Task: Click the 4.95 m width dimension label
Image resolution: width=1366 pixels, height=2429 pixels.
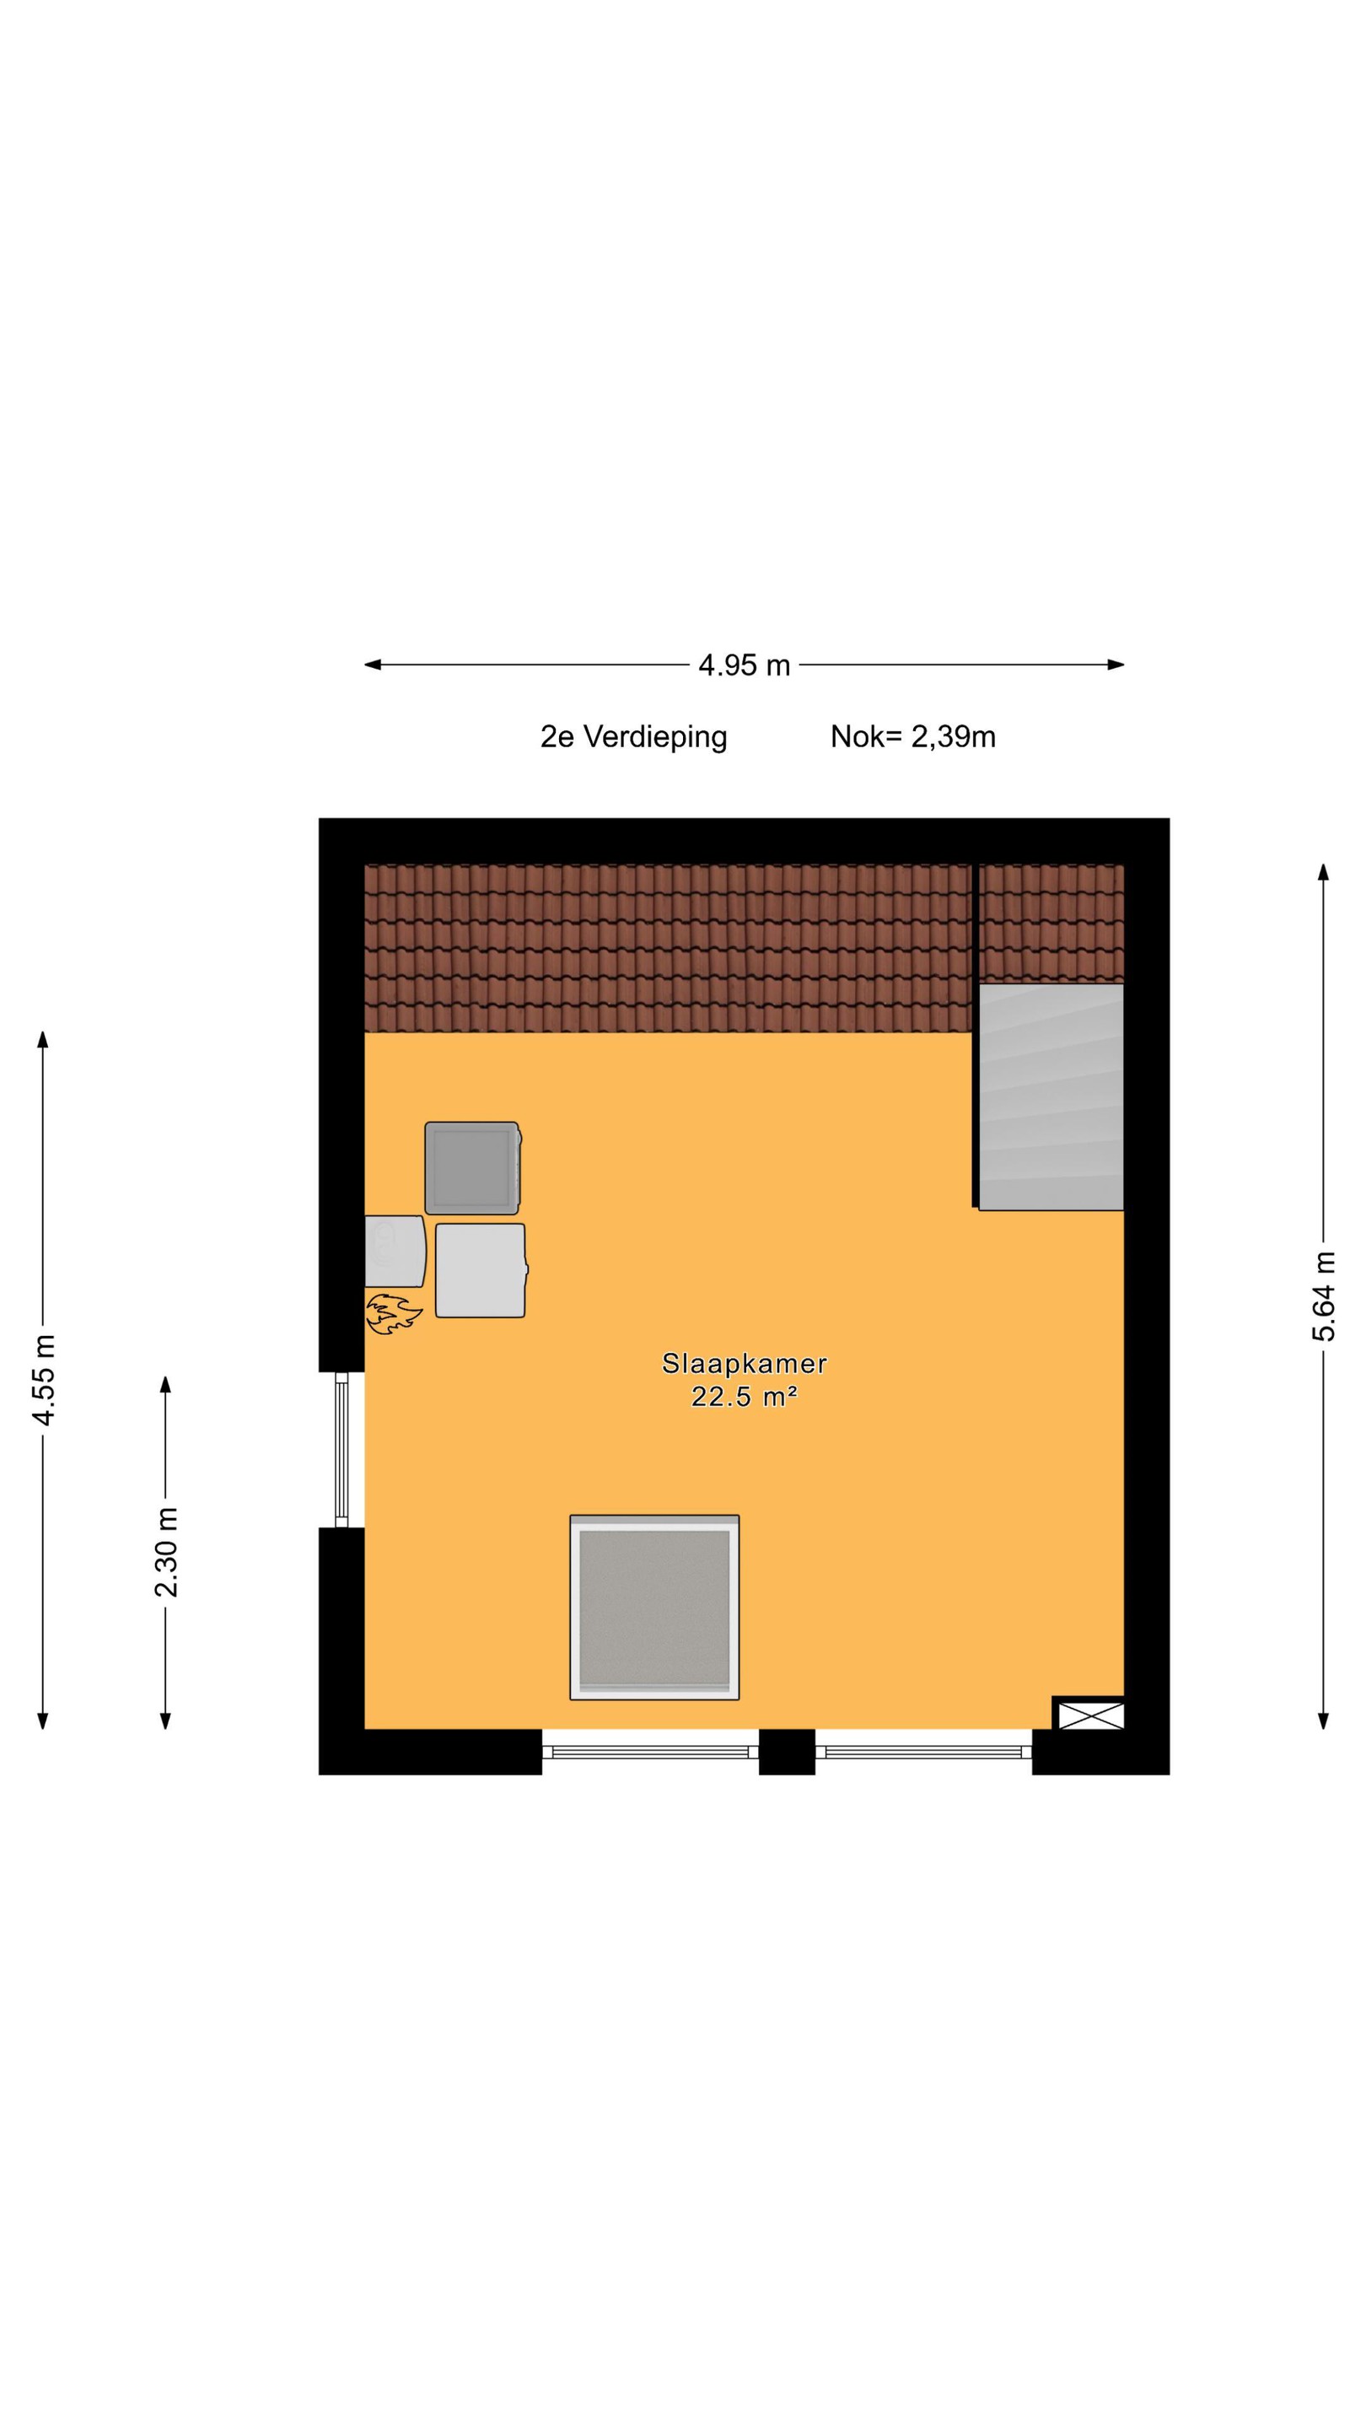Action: point(743,665)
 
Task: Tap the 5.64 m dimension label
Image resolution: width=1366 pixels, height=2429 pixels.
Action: point(1324,1295)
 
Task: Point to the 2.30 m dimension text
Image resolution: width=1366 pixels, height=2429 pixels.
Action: point(166,1552)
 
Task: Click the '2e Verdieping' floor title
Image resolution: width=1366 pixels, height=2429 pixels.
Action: point(633,736)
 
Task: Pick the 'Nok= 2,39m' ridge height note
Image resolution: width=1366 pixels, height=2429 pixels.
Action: point(912,736)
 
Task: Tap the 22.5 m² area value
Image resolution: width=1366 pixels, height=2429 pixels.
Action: point(744,1397)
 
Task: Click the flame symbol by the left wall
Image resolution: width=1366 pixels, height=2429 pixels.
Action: point(393,1315)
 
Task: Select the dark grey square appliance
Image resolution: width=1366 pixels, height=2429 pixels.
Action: point(472,1167)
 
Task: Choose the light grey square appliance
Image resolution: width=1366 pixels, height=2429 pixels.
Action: point(481,1270)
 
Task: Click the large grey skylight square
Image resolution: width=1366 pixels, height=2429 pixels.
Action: point(654,1608)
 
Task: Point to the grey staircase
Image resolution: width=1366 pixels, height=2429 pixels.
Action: point(1051,1096)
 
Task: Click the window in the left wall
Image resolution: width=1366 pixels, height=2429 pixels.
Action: point(342,1449)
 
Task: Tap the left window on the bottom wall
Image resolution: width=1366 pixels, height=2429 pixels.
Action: point(650,1752)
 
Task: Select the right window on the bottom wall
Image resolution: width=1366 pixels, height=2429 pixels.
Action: point(924,1752)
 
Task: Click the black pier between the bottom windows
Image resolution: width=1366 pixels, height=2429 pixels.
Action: point(788,1751)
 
